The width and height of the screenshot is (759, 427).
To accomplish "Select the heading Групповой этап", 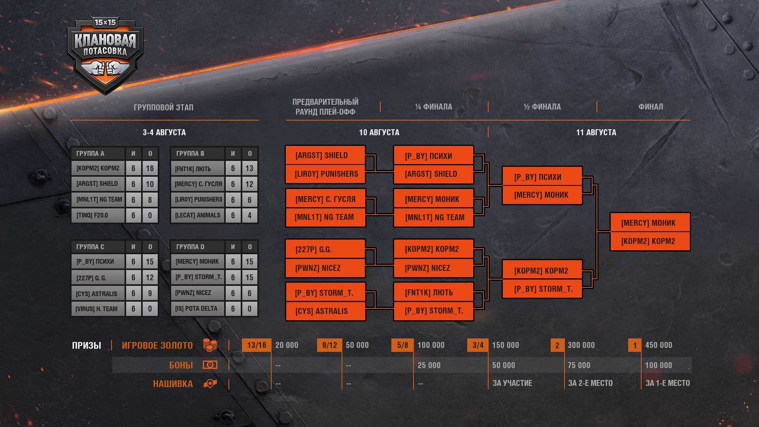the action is point(164,107).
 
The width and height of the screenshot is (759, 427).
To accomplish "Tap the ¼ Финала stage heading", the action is point(434,107).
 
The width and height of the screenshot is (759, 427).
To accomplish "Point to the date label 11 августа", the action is point(596,132).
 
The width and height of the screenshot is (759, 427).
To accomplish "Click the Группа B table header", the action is point(190,153).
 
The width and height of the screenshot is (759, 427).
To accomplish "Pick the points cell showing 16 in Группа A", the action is point(150,168).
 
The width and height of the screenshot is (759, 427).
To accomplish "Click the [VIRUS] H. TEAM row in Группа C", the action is point(97,309).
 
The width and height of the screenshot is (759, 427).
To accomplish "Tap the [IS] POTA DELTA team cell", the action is point(196,309).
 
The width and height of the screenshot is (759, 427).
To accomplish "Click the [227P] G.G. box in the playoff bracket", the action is point(325,249).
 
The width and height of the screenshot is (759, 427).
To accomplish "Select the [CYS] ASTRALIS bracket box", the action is point(325,311).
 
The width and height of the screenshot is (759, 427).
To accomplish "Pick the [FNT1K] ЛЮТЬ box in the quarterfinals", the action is point(434,293).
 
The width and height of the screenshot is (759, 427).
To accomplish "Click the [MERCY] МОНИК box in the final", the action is point(650,223).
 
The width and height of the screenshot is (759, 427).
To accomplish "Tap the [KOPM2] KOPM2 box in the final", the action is point(650,241).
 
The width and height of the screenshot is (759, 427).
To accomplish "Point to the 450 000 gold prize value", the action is point(659,345).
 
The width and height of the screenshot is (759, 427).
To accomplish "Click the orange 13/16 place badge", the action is point(257,345).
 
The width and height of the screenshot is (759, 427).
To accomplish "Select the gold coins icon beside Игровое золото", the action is point(210,345).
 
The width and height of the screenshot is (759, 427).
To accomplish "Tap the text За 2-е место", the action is point(590,383).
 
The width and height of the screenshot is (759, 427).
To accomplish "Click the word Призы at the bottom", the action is point(87,346).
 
